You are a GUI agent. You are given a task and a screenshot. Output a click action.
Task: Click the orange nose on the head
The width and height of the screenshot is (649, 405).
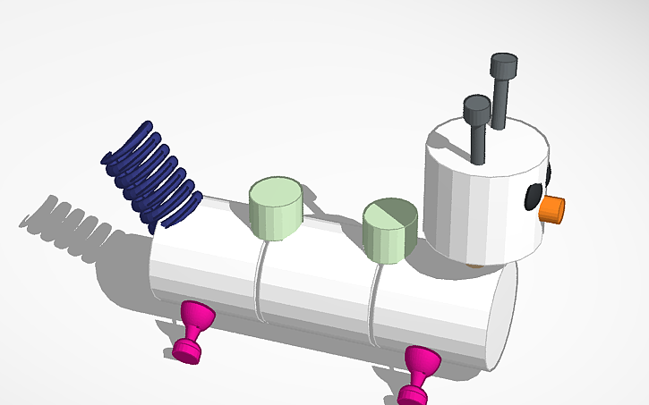coord(554,207)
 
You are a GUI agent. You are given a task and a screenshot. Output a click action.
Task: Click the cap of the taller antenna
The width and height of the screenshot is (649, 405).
coord(504,66)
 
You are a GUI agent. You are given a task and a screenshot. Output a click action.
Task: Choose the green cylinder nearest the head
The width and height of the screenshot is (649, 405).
coord(390,231)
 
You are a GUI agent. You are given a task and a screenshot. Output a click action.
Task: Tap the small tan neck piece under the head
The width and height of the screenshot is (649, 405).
coord(475,265)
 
